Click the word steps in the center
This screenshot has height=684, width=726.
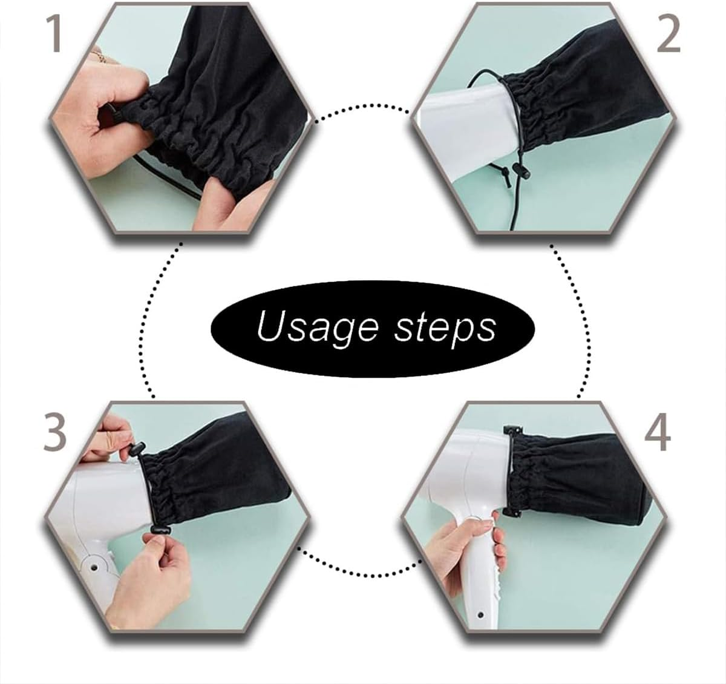445,327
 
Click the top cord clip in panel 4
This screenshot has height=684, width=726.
513,431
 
